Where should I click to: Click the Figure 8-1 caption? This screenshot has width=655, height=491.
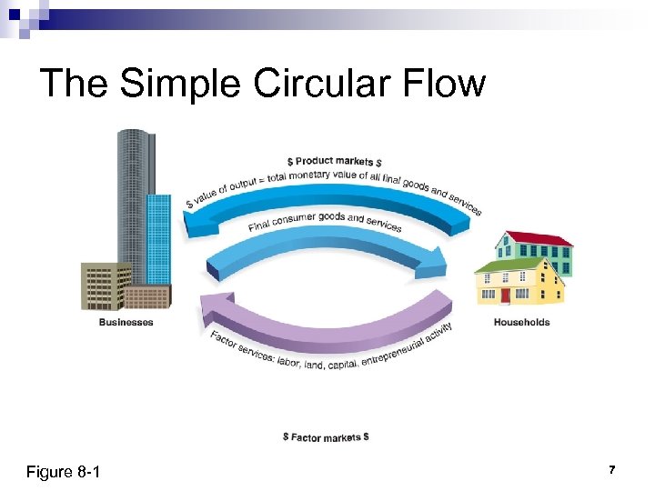pyautogui.click(x=64, y=472)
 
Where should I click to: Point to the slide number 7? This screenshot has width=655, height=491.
pyautogui.click(x=612, y=470)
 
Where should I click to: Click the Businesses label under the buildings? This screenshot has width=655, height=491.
pyautogui.click(x=126, y=322)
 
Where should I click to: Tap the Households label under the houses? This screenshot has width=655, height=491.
pyautogui.click(x=521, y=322)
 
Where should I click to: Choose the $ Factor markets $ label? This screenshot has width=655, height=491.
pyautogui.click(x=325, y=437)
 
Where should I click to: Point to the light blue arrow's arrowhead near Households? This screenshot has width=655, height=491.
pyautogui.click(x=435, y=263)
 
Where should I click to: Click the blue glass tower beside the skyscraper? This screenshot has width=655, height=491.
pyautogui.click(x=158, y=236)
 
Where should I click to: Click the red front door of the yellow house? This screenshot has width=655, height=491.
pyautogui.click(x=505, y=296)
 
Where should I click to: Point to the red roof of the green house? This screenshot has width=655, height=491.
pyautogui.click(x=541, y=238)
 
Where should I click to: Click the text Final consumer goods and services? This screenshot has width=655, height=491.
pyautogui.click(x=325, y=221)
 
